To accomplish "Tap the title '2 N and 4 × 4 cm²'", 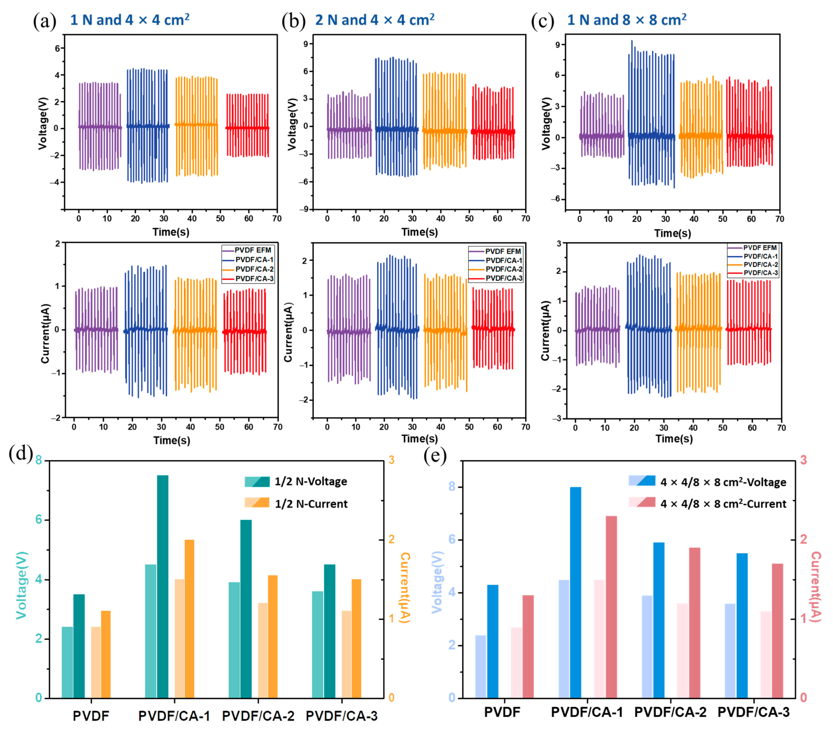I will (x=375, y=19).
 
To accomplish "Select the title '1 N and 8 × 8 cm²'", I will (x=627, y=19).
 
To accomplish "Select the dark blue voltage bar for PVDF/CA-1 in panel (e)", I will (x=575, y=592).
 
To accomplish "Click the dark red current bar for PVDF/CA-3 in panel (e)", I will (x=777, y=631).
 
